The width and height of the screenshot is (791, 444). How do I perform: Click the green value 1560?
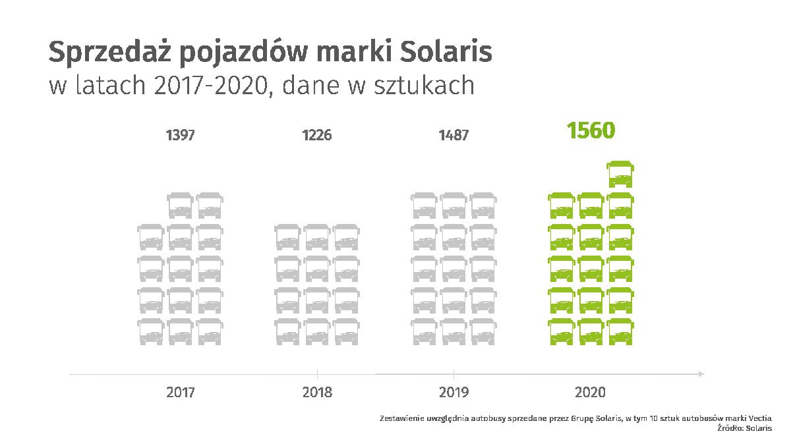[x=591, y=131]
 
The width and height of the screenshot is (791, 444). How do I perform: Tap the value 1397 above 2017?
[x=180, y=136]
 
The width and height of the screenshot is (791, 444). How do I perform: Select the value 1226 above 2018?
[x=317, y=136]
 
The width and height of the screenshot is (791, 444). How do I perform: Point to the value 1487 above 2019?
[x=454, y=136]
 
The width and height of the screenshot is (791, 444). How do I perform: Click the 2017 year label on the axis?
[x=180, y=393]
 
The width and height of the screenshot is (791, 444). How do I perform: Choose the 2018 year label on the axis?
[x=317, y=393]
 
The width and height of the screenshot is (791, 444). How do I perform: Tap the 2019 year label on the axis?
[x=454, y=393]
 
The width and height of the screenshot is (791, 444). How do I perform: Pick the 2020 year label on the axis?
[x=590, y=393]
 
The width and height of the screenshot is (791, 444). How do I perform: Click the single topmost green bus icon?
[x=620, y=174]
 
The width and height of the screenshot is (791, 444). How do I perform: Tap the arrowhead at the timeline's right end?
[x=701, y=374]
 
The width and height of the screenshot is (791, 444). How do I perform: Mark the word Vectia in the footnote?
[x=759, y=418]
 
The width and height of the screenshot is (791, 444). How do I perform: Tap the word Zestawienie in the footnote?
[x=401, y=418]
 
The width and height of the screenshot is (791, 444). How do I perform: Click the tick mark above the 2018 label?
[x=318, y=370]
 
